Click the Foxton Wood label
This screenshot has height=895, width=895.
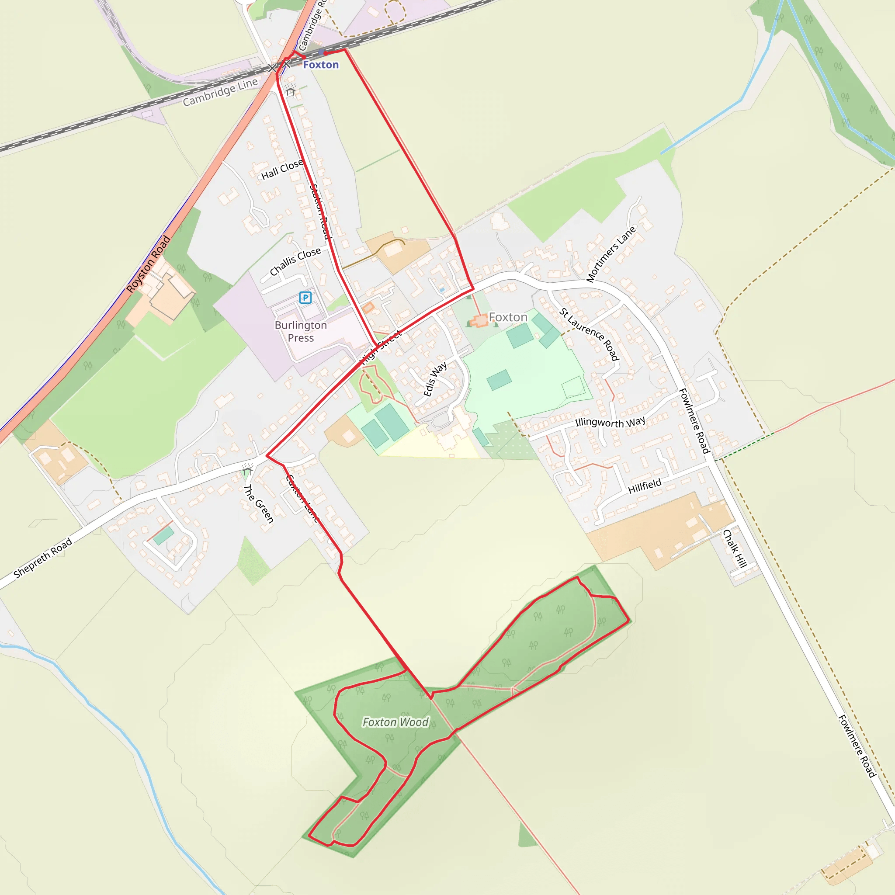[395, 722]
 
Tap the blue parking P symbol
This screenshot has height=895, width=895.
[305, 298]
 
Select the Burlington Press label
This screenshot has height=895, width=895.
[301, 331]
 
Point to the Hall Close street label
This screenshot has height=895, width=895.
[282, 170]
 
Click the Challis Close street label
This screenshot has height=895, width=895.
[295, 261]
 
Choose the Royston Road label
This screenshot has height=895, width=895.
[148, 264]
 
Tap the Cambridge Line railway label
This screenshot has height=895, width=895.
[220, 92]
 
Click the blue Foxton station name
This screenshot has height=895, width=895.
[321, 65]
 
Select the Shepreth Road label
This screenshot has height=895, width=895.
[43, 558]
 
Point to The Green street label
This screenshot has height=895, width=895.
[259, 503]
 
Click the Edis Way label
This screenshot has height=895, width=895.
[435, 379]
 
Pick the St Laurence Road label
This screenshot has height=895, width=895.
[589, 333]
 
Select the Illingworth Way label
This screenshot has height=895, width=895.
[610, 422]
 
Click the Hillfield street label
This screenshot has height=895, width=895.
[645, 486]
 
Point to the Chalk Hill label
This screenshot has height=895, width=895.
[735, 548]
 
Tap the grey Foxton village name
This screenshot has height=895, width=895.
[508, 317]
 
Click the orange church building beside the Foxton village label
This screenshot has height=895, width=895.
[479, 321]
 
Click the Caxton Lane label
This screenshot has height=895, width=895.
[302, 499]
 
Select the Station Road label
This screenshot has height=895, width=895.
[321, 212]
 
